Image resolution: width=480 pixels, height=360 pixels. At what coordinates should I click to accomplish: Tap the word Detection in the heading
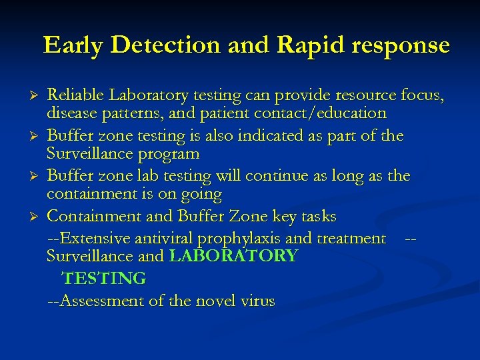[164, 45]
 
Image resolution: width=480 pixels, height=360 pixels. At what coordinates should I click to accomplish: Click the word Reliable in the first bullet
[73, 95]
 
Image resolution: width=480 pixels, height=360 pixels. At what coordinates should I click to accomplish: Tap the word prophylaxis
[249, 238]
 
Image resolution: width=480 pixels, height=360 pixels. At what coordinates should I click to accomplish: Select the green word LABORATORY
[233, 256]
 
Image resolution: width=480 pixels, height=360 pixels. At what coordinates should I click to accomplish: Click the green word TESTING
[103, 278]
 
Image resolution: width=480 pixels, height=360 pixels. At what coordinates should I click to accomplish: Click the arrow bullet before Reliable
[37, 96]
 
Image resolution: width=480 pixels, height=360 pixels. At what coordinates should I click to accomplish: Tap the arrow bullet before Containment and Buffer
[37, 217]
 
